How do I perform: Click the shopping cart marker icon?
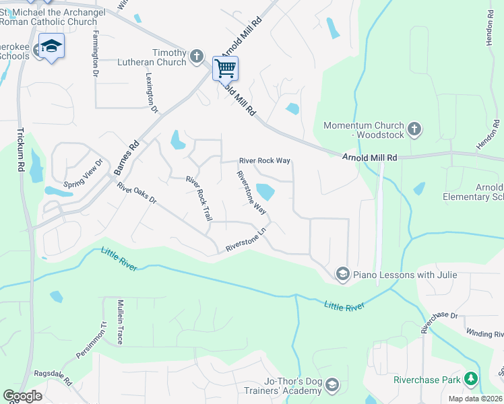pyautogui.click(x=225, y=67)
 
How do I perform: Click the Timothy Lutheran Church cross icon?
pyautogui.click(x=197, y=57)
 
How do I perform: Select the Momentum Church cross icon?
pyautogui.click(x=414, y=127)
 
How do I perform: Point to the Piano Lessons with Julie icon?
pyautogui.click(x=342, y=274)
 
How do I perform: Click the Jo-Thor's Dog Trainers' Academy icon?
pyautogui.click(x=331, y=386)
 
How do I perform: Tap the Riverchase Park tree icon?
pyautogui.click(x=471, y=380)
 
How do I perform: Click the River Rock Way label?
pyautogui.click(x=265, y=161)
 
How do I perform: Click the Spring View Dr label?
pyautogui.click(x=82, y=173)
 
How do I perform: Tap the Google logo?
pyautogui.click(x=22, y=396)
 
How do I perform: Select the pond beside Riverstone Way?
pyautogui.click(x=265, y=193)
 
